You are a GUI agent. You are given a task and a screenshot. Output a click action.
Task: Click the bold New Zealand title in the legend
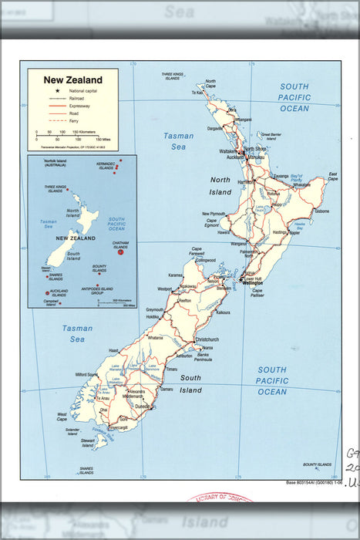(x=72, y=79)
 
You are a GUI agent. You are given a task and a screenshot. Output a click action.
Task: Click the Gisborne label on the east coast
(x=321, y=211)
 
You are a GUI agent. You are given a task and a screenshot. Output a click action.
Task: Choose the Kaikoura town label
(x=224, y=312)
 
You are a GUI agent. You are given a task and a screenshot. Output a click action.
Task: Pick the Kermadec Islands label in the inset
(x=106, y=166)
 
